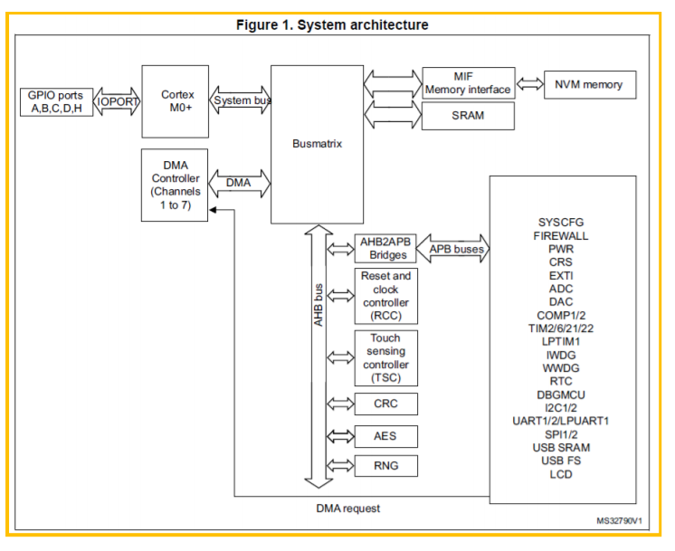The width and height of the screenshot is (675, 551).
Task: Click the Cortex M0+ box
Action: pos(176,101)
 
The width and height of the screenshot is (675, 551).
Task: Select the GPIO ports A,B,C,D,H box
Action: pos(56,102)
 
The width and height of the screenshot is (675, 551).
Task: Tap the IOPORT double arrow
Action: pos(117,101)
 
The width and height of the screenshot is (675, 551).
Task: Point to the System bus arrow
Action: pos(240,100)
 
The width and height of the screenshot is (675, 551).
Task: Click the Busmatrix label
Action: pos(317,143)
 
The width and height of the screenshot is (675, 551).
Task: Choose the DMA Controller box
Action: pos(175,185)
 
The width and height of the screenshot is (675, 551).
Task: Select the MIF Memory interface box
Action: pos(469,83)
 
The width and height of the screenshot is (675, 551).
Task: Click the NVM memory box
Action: pos(590,85)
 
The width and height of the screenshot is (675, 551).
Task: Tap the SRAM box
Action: pos(468,116)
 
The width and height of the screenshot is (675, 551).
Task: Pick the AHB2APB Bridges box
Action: pos(385,249)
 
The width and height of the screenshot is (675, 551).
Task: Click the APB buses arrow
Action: pos(453,249)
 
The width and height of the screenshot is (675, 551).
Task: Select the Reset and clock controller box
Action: pos(385,296)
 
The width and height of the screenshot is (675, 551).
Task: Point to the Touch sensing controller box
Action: pos(385,358)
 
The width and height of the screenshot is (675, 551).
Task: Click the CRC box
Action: pos(385,404)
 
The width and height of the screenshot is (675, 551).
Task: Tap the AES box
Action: pos(385,436)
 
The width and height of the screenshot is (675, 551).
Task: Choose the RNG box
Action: pos(385,466)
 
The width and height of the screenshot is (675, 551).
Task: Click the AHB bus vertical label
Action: pos(318,305)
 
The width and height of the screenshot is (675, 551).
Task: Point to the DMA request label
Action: pos(347,508)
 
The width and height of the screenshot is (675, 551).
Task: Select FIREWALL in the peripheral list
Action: pos(560,236)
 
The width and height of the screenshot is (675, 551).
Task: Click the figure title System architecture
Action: pos(332,24)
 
